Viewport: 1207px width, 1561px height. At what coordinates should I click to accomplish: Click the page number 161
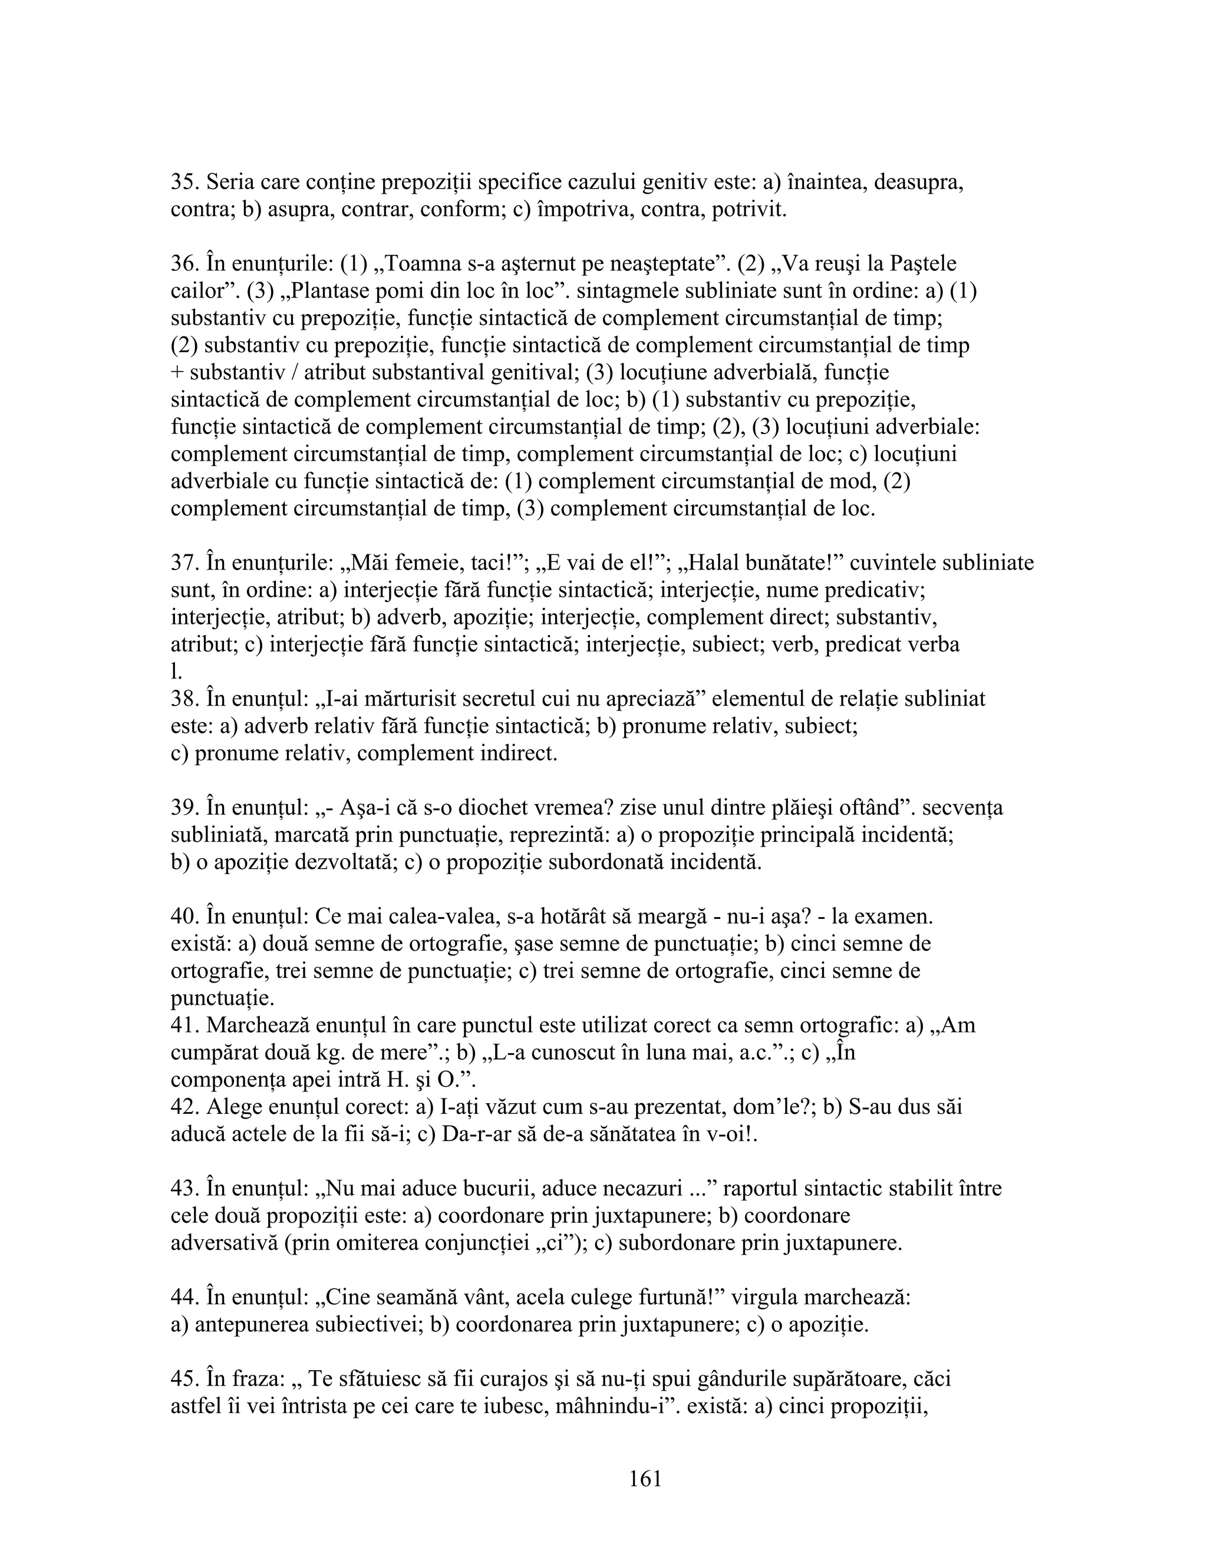coord(646,1479)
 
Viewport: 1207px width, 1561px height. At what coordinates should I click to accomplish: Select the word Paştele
coord(923,264)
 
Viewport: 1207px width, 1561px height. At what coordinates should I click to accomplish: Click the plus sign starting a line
coord(177,373)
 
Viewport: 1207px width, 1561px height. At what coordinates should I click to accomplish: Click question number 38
coord(184,698)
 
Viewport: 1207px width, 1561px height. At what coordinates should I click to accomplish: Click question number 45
coord(184,1379)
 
